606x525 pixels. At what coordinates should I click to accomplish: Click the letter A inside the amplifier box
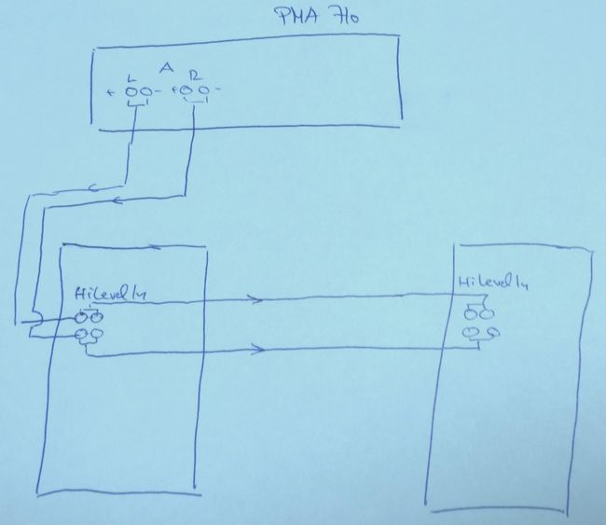[165, 68]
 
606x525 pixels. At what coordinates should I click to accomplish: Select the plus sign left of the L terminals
[111, 91]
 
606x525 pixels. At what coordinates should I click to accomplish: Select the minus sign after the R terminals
[217, 90]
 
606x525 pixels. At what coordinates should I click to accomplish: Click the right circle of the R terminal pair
[203, 90]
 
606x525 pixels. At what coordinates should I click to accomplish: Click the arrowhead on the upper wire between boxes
[255, 299]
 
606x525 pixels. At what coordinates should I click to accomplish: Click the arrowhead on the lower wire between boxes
[258, 352]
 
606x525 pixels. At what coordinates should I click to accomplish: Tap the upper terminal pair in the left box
[90, 316]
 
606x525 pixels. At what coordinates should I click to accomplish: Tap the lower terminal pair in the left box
[90, 334]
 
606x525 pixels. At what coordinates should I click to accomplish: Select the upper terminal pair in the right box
[475, 311]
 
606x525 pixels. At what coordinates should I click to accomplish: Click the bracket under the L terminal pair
[139, 104]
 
